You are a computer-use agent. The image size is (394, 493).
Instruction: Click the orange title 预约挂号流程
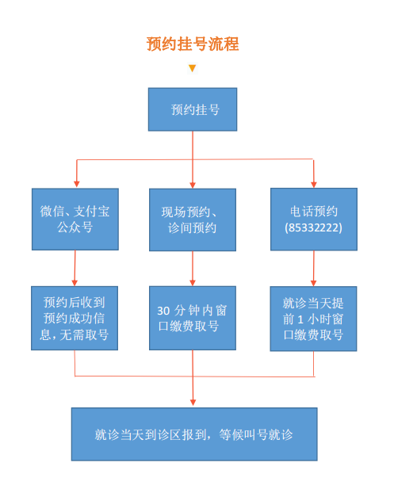coord(193,44)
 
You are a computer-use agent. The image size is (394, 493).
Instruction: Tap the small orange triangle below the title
coord(192,68)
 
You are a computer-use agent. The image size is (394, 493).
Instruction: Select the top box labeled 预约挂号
coord(193,109)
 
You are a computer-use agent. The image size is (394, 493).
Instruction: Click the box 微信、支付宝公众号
coord(75,219)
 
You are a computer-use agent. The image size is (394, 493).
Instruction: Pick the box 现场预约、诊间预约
coord(193,220)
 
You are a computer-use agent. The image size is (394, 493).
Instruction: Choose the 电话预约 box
coord(314,219)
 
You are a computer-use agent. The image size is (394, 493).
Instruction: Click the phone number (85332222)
coord(313,227)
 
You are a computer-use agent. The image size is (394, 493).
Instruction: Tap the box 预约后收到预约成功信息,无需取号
coord(75,318)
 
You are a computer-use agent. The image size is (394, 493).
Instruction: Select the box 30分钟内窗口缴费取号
coord(193,318)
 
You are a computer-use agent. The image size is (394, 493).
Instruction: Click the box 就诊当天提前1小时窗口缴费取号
coord(313,319)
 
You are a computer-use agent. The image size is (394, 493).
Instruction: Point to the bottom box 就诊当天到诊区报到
coord(194,434)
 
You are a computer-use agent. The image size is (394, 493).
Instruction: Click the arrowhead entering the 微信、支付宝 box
coord(76,184)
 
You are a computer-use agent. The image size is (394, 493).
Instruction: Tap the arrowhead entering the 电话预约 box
coord(313,184)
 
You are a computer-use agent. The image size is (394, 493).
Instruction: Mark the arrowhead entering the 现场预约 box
coord(193,185)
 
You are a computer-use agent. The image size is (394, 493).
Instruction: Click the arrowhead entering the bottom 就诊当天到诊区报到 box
coord(193,402)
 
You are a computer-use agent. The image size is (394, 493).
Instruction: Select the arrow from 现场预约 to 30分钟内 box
coord(193,269)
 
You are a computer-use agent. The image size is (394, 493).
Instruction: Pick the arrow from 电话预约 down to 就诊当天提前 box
coord(313,269)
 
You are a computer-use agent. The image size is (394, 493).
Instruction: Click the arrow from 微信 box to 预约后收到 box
coord(75,268)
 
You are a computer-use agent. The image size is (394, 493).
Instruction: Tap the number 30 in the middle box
coord(163,311)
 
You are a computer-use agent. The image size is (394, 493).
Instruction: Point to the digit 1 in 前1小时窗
coord(300,319)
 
